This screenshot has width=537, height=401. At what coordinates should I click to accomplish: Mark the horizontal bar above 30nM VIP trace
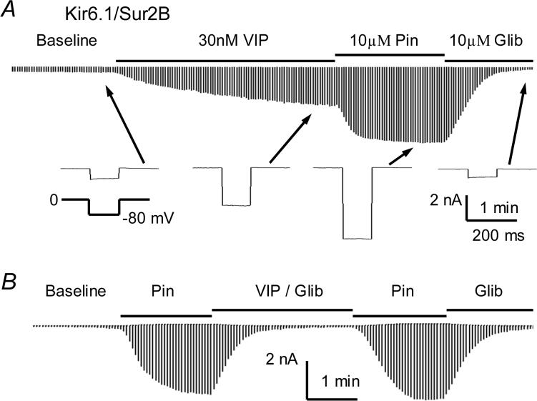coord(225,61)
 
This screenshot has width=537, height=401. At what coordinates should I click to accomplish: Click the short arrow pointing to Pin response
coord(401,157)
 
